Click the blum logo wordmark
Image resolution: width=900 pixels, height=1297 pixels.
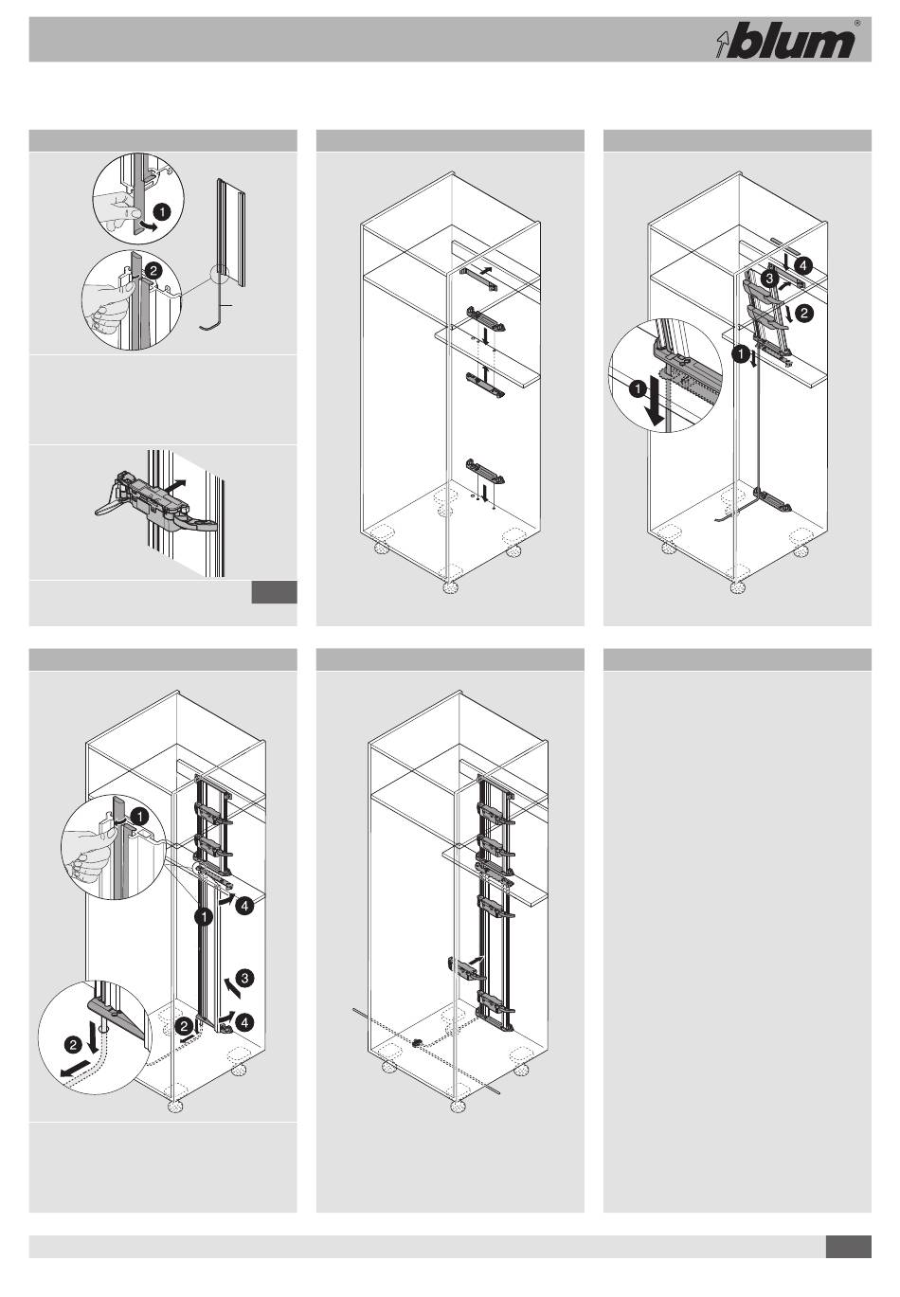(790, 41)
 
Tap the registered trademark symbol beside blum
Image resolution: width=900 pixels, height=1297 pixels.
(857, 24)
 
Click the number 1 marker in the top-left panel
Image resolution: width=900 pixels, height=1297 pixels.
(163, 212)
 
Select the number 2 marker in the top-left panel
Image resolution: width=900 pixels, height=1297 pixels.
(153, 270)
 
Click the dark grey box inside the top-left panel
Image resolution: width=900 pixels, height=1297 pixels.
(274, 592)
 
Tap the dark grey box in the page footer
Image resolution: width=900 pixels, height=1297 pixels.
(849, 1247)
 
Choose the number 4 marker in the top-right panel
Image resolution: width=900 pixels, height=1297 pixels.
(802, 266)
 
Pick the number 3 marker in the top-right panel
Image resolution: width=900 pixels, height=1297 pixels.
(769, 279)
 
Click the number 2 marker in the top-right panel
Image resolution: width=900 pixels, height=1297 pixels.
(804, 314)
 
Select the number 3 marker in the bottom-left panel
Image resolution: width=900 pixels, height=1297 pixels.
(244, 979)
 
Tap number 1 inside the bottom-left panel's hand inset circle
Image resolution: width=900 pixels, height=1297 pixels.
(140, 817)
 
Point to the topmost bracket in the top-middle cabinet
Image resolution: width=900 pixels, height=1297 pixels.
(478, 278)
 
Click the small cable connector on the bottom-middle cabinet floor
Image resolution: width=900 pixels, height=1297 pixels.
(416, 1043)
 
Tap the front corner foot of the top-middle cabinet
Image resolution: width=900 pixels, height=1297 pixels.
(450, 587)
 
